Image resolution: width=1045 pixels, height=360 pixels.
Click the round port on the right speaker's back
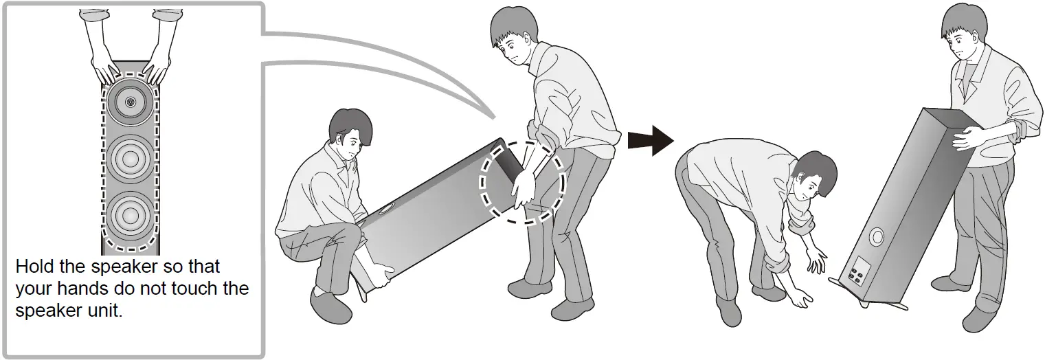point(877,238)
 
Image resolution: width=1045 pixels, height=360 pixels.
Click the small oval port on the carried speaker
point(386,210)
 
